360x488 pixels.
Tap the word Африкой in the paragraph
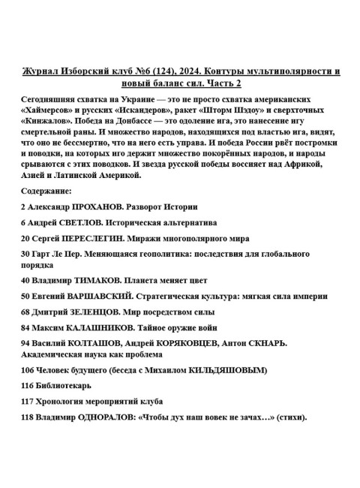[x=301, y=164]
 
